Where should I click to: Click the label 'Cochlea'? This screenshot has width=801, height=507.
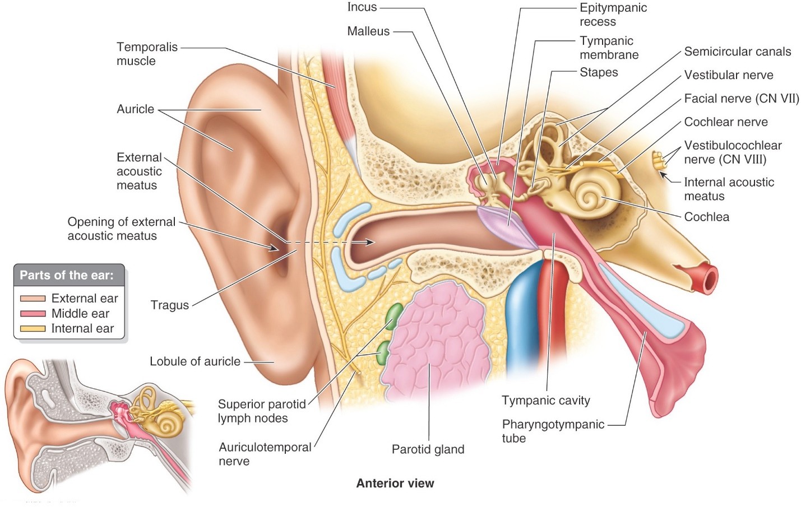point(706,217)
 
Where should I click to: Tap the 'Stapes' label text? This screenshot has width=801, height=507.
point(599,72)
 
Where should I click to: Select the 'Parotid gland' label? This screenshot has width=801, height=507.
point(428,449)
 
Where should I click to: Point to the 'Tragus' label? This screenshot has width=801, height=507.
point(169,305)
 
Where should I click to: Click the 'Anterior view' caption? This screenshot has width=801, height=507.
point(395,483)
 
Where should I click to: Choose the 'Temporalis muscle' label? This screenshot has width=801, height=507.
point(147,54)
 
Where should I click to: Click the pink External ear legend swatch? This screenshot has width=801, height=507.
point(33,299)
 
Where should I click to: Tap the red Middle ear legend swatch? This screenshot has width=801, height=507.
point(33,314)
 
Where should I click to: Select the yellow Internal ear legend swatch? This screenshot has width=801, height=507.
point(33,329)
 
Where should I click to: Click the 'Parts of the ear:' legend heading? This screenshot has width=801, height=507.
point(67,275)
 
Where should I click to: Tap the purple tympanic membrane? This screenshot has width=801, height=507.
point(507,227)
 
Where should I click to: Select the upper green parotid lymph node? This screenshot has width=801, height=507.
point(394,316)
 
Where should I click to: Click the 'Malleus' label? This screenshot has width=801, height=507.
point(368,31)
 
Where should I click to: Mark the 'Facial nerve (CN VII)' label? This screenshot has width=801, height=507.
point(741,99)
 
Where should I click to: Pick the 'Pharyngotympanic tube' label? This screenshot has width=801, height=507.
point(553,431)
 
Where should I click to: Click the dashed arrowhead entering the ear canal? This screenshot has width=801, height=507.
point(370,242)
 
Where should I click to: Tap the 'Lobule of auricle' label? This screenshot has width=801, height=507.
point(195,362)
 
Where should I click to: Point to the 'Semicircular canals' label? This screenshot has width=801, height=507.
point(737,52)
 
